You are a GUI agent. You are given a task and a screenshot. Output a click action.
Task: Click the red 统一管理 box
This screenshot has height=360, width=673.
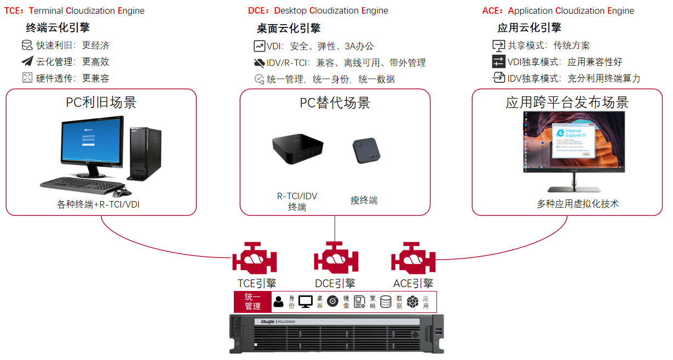[x=252, y=301]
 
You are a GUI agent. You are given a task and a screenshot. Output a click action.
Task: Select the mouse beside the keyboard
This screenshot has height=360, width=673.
[x=121, y=192]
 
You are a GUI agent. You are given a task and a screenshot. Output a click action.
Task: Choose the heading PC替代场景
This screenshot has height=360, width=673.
[x=335, y=103]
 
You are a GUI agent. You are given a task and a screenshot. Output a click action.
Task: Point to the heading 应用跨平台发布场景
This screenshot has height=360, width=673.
[x=567, y=102]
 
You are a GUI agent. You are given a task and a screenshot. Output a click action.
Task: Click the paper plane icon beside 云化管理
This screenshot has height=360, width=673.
[x=27, y=61]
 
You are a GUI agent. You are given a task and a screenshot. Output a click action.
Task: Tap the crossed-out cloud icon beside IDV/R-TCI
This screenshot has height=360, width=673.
[x=260, y=62]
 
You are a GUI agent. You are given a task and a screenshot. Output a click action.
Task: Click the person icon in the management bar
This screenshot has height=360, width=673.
[x=278, y=301]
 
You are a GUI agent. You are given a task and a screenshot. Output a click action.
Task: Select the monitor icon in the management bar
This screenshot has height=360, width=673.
[x=306, y=301]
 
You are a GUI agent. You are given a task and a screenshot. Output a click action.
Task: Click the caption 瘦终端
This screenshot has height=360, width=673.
[x=364, y=200]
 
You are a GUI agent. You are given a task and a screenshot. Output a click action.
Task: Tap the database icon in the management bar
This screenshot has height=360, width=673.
[x=386, y=301]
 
